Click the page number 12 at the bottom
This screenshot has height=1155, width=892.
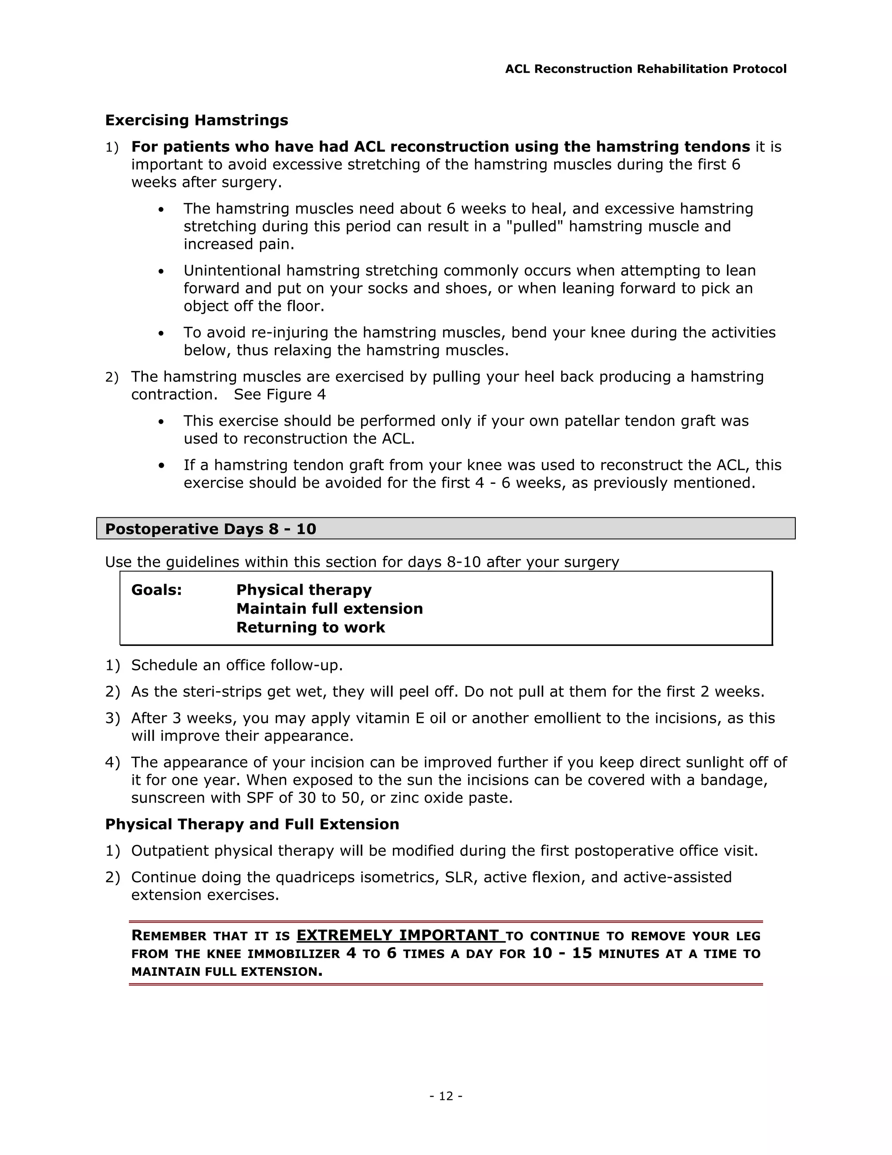point(446,1096)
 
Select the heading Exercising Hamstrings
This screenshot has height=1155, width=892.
point(196,120)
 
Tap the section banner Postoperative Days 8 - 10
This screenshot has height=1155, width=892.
point(210,529)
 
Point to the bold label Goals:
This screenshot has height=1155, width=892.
point(156,590)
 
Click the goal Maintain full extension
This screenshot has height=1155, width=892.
point(329,609)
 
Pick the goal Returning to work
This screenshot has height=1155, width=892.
point(310,627)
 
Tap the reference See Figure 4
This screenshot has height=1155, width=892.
point(280,394)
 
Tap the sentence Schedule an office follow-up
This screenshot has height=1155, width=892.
point(237,665)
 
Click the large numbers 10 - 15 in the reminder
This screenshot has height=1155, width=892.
point(562,954)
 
